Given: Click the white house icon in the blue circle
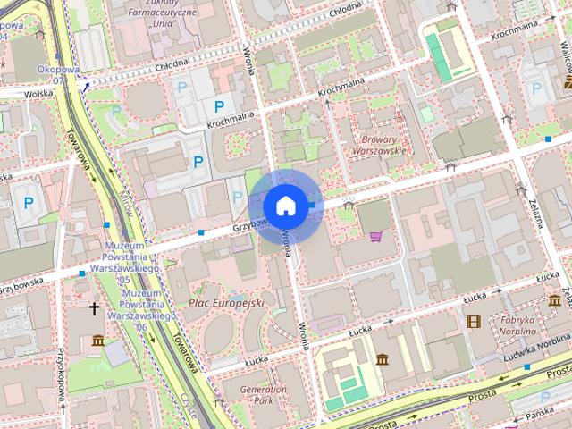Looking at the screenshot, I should coord(285,206).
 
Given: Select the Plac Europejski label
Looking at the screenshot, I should coord(226,304).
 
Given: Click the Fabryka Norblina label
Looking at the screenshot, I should coord(517,325).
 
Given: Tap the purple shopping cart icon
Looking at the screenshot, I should coord(376,237).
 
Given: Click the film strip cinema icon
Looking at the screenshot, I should coord(473,321).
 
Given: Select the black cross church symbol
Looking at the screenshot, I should coord(94,308).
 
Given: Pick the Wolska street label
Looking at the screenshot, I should coord(39,92).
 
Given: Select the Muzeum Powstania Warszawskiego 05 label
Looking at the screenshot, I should coord(131,262).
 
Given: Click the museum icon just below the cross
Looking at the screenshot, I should coord(97,341).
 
